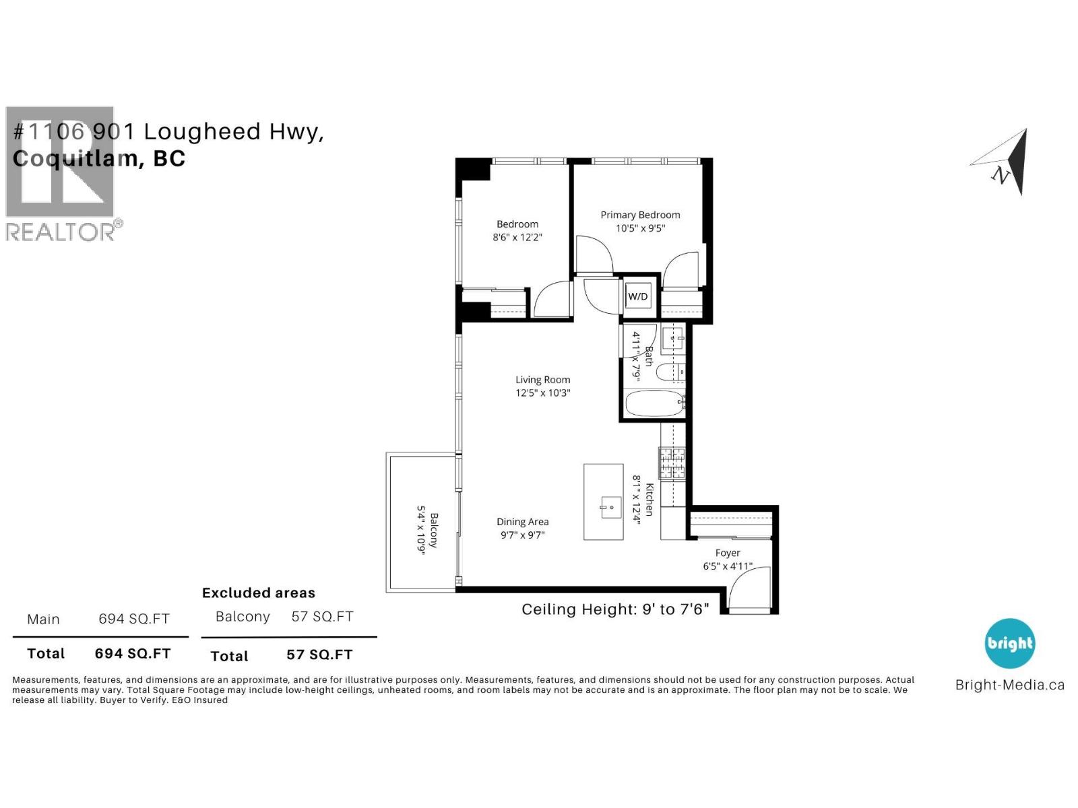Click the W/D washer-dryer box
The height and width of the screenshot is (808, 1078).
coord(638,296)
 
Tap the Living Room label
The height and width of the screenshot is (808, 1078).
coord(542,380)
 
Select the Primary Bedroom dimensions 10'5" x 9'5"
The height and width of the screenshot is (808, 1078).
coord(640,228)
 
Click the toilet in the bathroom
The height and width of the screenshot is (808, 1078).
coord(670,372)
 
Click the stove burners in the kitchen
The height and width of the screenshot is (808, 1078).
coord(672,463)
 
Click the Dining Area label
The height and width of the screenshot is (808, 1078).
coord(522,522)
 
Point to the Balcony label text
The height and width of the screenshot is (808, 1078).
coord(434,530)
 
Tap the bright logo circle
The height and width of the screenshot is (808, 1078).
coord(1009,644)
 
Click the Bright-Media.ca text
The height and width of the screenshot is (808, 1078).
coord(1009,685)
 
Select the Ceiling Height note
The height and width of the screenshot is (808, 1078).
coord(615,609)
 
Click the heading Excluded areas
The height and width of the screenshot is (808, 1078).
coord(259,593)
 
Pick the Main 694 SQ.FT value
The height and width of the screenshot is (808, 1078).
coord(134,619)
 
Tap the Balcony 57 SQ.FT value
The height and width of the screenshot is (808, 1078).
coord(322,617)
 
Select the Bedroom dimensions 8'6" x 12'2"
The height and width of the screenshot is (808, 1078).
coord(517,237)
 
